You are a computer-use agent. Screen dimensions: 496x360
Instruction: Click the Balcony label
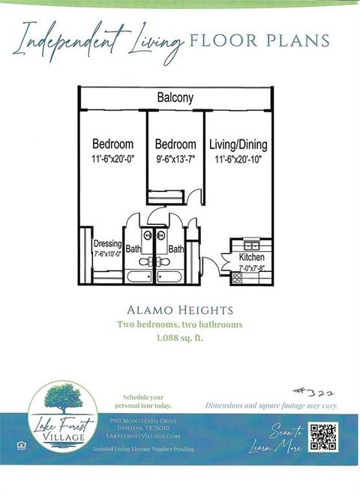[175, 97]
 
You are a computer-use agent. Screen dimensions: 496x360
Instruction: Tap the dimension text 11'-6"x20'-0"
[112, 159]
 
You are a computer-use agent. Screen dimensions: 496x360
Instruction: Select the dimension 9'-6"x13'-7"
[175, 159]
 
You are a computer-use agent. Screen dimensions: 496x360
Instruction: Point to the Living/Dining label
[238, 145]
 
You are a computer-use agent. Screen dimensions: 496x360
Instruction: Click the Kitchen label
[251, 258]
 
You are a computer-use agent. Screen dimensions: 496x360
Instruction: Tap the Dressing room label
[108, 244]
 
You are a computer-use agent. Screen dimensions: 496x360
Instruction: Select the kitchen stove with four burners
[237, 277]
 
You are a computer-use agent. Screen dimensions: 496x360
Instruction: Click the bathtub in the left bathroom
[139, 276]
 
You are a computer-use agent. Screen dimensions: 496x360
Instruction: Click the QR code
[323, 437]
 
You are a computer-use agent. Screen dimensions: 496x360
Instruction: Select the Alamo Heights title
[179, 309]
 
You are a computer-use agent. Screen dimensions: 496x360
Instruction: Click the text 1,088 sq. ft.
[179, 338]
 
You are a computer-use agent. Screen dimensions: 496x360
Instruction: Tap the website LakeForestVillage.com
[145, 435]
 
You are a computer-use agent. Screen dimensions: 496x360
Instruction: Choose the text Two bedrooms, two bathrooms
[179, 324]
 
